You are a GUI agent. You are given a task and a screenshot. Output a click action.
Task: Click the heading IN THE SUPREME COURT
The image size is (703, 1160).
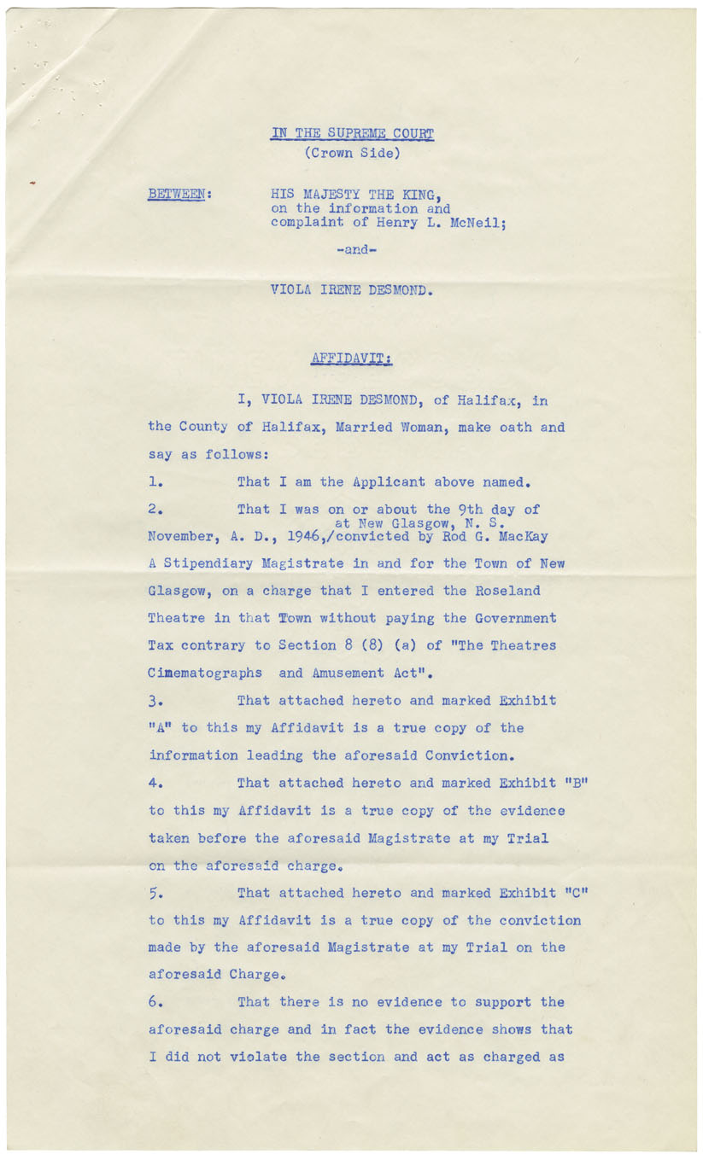click(352, 133)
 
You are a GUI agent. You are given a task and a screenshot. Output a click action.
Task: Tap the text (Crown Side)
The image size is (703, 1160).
click(352, 154)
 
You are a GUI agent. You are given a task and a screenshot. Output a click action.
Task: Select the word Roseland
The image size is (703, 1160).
click(510, 591)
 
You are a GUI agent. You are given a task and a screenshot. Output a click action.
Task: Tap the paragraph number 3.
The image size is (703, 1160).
click(155, 701)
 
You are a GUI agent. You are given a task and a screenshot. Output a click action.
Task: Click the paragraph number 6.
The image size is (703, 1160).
click(155, 1002)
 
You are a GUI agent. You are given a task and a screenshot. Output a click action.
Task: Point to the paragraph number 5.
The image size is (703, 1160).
click(155, 893)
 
